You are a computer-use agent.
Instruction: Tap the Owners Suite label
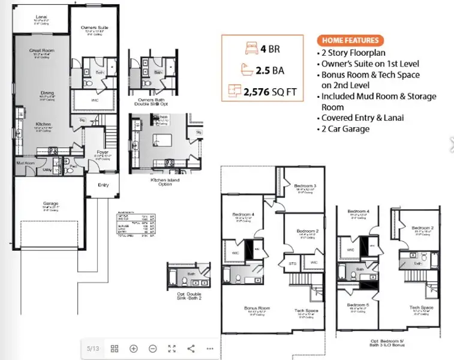click(94, 28)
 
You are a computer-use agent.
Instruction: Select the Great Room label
click(42, 50)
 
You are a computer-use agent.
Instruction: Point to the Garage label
click(42, 203)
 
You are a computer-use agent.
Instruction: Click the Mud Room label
click(25, 163)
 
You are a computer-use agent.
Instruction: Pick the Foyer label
click(102, 152)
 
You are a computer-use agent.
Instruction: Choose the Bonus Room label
click(257, 308)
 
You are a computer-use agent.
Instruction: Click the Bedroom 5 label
click(359, 305)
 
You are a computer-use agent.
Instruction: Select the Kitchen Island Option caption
click(161, 181)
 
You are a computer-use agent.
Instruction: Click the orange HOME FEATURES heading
click(350, 41)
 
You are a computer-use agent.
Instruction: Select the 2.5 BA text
click(270, 70)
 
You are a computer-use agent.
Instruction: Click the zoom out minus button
click(153, 349)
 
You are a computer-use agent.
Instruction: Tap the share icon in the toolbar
click(191, 349)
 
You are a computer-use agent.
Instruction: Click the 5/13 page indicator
click(93, 349)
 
